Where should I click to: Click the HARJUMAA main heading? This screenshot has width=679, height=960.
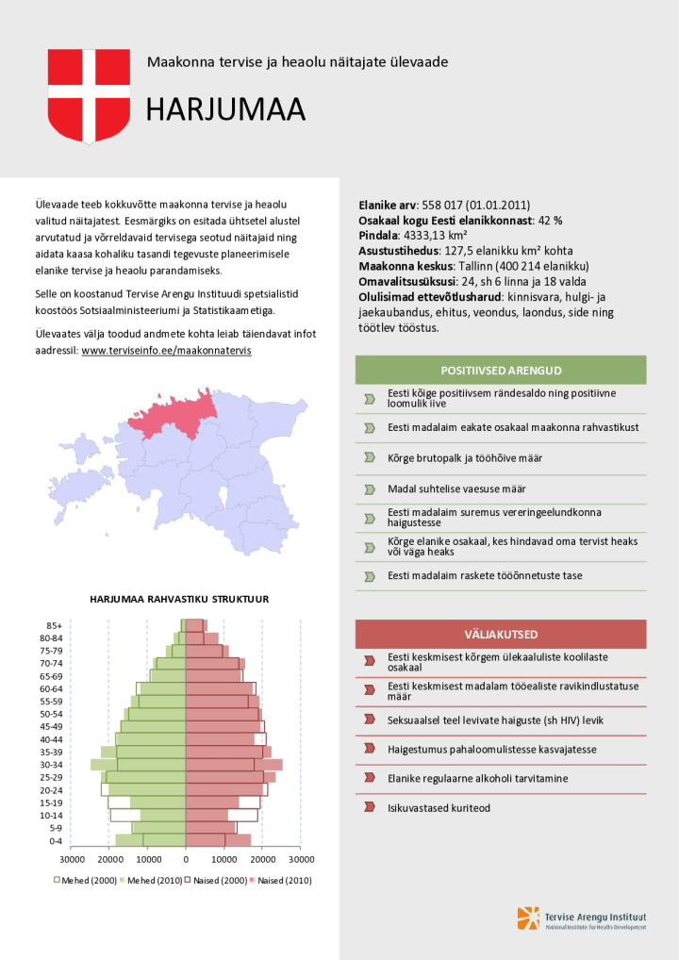[225, 110]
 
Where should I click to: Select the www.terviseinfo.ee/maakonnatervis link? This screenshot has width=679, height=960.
[167, 351]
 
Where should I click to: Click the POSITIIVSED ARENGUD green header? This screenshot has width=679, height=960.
[501, 370]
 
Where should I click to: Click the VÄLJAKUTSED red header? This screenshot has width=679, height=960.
[501, 634]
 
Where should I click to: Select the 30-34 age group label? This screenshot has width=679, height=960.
[50, 765]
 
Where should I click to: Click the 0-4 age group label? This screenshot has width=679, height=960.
[55, 840]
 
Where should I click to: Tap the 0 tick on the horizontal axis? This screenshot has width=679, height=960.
[186, 860]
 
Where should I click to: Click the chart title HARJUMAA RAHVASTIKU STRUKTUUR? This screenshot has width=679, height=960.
[179, 599]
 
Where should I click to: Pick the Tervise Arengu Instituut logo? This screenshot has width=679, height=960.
[581, 919]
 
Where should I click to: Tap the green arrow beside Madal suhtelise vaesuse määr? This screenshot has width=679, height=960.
[370, 489]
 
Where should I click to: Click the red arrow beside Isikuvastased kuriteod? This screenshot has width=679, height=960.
[370, 808]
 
